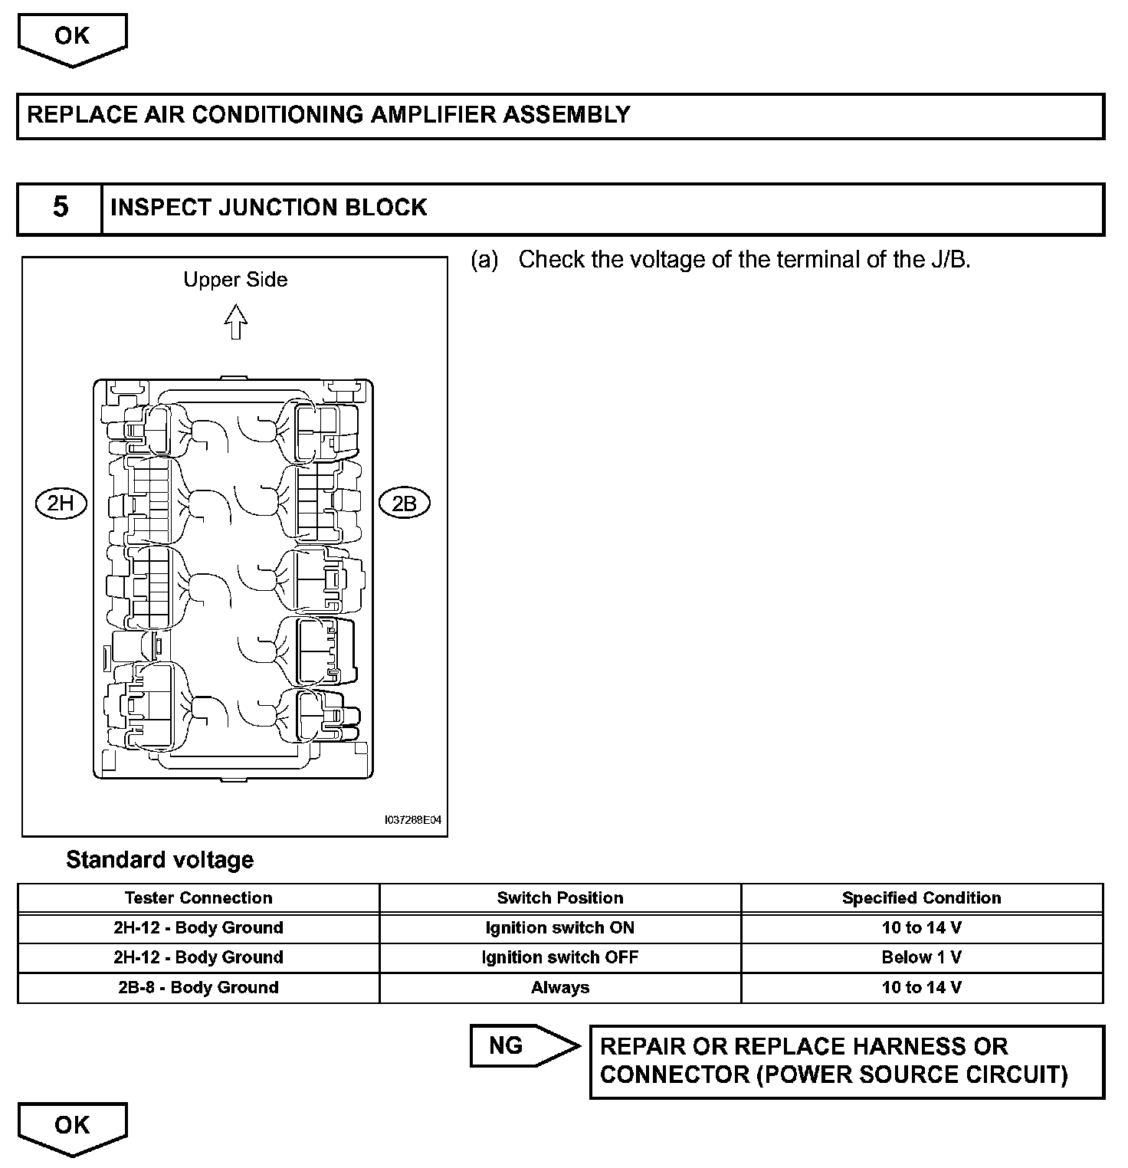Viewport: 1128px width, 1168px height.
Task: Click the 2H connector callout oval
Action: coord(61,504)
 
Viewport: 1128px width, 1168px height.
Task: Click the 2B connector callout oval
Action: coord(404,504)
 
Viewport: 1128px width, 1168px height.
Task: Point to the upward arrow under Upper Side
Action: coord(236,322)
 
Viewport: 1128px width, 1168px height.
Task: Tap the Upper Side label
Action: coord(235,280)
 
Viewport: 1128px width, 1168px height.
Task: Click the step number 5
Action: coord(60,208)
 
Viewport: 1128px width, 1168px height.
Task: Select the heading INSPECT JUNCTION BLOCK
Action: coord(268,208)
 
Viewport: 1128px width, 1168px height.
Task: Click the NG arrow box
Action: coord(523,1045)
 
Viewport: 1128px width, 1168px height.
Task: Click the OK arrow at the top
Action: coord(72,39)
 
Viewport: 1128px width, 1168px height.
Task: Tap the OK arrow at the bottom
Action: coord(72,1128)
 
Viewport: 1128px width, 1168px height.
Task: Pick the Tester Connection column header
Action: coord(198,898)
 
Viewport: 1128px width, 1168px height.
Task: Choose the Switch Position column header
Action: coord(560,898)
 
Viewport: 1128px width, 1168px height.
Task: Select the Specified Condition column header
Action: coord(921,898)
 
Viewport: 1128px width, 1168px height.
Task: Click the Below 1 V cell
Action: coord(921,957)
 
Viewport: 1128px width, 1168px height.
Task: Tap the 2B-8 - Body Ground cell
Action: coord(198,987)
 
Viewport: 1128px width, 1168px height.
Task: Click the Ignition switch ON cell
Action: coord(560,928)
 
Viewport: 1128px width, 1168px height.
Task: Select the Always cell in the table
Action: coord(560,987)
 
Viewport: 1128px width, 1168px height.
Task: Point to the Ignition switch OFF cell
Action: coord(560,957)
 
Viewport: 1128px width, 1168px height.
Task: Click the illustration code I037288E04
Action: coord(413,820)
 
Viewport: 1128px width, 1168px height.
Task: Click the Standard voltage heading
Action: coord(159,860)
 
